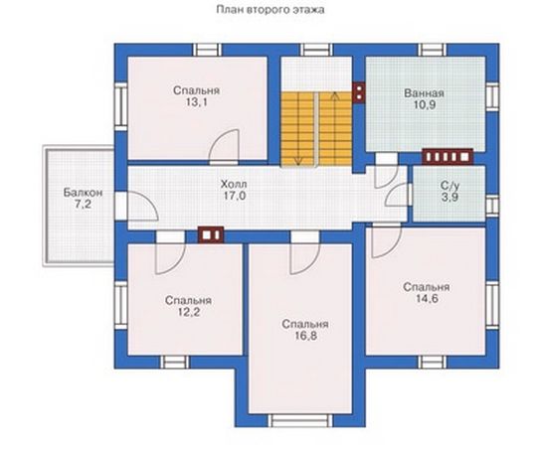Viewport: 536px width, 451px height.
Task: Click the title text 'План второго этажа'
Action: (270, 10)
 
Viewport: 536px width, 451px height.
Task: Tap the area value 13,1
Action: (196, 102)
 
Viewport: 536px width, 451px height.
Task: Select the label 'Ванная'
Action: (424, 93)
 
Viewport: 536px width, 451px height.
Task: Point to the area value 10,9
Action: (425, 105)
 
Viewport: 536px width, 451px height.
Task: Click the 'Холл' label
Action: (234, 185)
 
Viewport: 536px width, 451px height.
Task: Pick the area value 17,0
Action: (235, 196)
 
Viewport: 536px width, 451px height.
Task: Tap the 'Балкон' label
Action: (83, 193)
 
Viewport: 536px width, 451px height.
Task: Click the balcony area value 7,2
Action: (83, 205)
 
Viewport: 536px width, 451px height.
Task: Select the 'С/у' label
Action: (449, 186)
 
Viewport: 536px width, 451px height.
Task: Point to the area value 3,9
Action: (449, 197)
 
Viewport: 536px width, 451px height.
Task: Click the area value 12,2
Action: (189, 312)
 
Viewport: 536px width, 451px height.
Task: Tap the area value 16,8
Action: (305, 336)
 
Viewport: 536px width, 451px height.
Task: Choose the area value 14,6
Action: (427, 299)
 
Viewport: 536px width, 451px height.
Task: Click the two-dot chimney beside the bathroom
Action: (359, 92)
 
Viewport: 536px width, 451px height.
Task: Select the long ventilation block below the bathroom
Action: (447, 157)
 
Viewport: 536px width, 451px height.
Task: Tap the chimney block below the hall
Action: (211, 234)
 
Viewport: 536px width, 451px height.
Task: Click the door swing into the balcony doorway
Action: (143, 206)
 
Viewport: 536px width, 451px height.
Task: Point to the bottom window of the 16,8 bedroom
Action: (299, 420)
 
